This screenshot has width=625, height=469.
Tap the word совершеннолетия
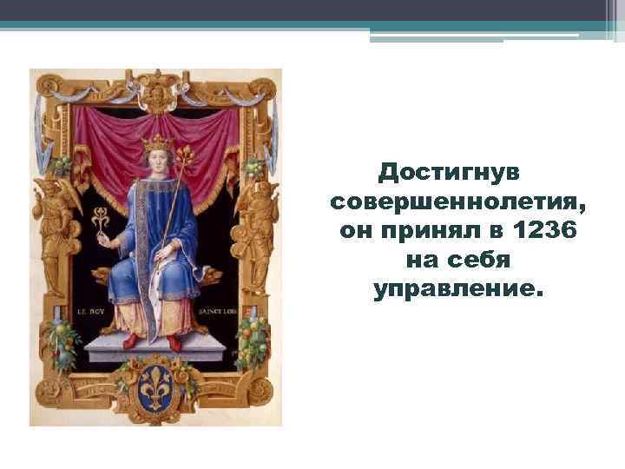[458, 203]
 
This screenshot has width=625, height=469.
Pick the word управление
[458, 288]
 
